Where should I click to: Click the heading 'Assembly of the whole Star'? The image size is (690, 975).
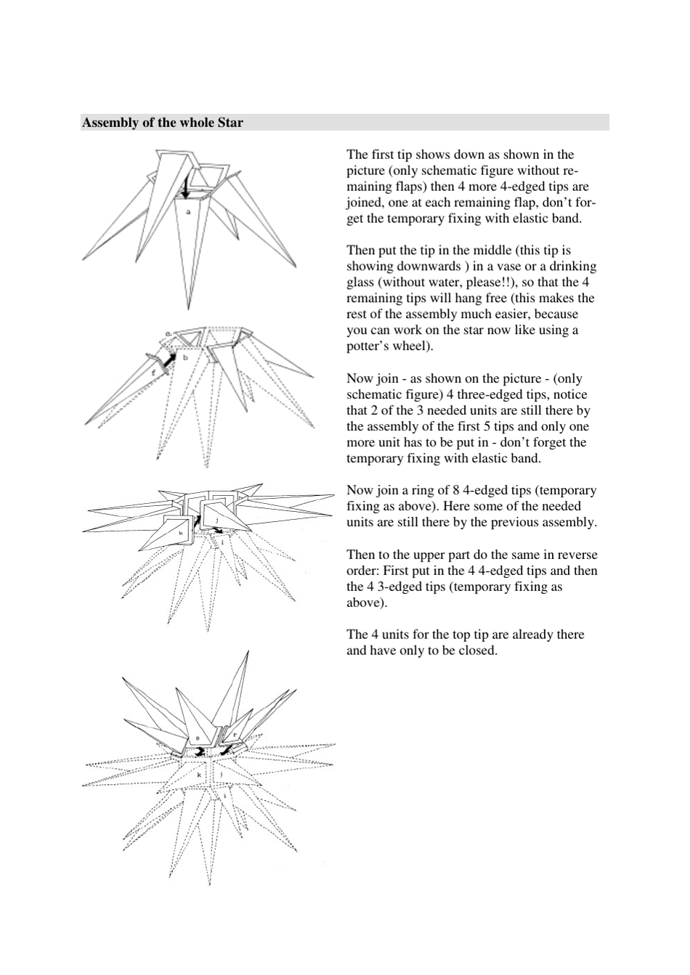[162, 123]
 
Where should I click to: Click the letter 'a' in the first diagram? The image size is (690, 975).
[188, 212]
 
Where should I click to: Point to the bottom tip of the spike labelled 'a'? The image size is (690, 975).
[187, 309]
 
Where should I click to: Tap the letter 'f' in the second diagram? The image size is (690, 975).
[153, 371]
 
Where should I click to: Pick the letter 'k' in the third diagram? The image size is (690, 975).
[181, 532]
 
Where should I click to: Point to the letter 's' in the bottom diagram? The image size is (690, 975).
[197, 737]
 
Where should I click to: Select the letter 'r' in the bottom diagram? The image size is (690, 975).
[234, 735]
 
